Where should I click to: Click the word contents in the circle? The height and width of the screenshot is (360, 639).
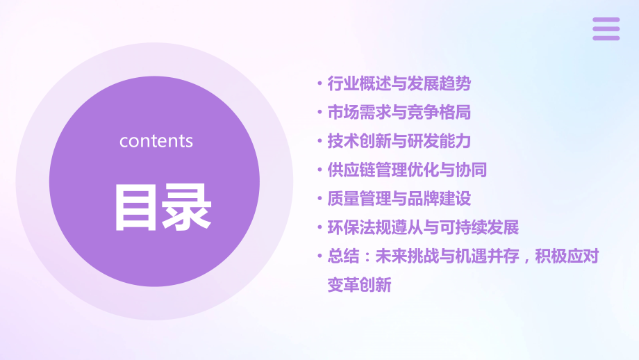pos(156,140)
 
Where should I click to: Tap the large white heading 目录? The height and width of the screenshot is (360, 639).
pos(163,207)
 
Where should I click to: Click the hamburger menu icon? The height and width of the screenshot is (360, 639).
pos(606,28)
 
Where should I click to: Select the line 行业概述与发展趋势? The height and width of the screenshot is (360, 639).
pos(399,84)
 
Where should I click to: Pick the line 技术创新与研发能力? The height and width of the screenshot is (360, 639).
pos(399,141)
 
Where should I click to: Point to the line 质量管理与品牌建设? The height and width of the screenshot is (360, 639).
pos(399,199)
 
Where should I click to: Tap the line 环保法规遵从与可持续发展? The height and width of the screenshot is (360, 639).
pos(423,227)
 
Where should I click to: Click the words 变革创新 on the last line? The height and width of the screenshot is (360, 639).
pos(359,284)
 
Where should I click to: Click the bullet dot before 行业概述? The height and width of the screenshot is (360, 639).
pos(319,85)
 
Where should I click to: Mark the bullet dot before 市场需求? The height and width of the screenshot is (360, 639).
pos(319,113)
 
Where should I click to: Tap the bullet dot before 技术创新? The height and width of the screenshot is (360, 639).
pos(319,142)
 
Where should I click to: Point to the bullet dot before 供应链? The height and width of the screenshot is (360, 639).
pos(319,170)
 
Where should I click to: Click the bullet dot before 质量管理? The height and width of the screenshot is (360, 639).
pos(319,199)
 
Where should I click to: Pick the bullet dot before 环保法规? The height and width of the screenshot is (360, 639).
pos(319,228)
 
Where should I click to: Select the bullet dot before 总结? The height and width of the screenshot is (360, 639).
pos(319,256)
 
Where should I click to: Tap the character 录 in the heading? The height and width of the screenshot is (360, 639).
pos(187,207)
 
